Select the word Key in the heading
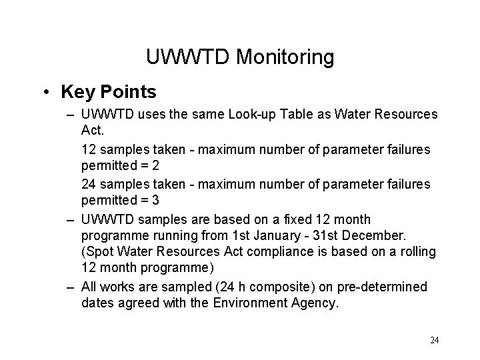click(x=73, y=91)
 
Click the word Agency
click(x=314, y=303)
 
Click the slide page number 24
click(x=434, y=340)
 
